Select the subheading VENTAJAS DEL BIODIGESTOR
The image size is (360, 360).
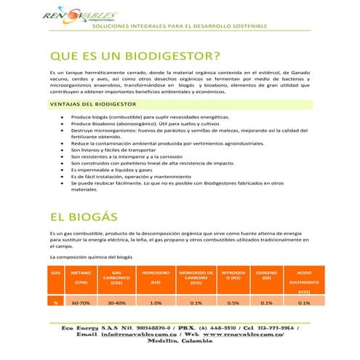92,103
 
